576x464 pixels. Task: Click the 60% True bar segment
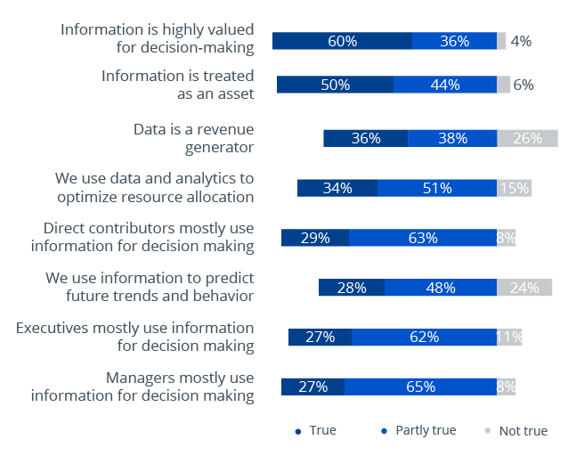[342, 40]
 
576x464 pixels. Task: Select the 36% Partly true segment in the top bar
[454, 40]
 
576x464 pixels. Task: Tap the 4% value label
[521, 40]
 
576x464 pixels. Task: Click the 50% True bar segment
[335, 85]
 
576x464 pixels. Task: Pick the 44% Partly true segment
[445, 85]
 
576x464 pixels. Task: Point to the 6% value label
[523, 85]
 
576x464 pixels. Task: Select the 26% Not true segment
[527, 138]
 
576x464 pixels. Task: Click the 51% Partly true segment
[437, 188]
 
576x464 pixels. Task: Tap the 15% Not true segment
[514, 188]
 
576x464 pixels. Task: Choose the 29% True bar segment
[315, 238]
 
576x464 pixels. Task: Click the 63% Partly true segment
[423, 238]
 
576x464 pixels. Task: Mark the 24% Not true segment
[524, 288]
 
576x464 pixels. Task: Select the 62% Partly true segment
[424, 337]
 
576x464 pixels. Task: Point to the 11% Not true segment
[509, 337]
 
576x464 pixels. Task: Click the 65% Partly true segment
[420, 387]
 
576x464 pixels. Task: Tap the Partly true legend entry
[418, 431]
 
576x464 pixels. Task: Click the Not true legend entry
[516, 431]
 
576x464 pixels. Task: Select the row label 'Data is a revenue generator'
[193, 138]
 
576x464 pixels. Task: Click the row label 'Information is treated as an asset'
[177, 85]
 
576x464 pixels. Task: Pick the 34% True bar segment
[337, 188]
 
